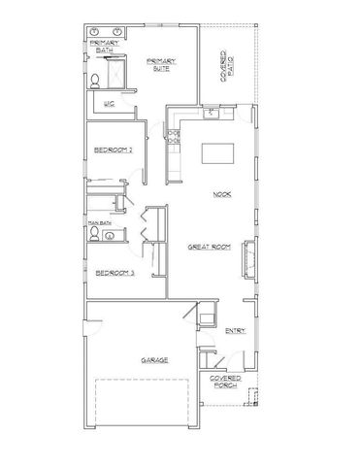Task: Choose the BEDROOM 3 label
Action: (x=114, y=273)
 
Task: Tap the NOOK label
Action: (x=222, y=195)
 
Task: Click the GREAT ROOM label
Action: (x=208, y=249)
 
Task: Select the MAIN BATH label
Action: (x=99, y=222)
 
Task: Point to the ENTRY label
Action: (x=235, y=331)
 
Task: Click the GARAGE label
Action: (x=154, y=359)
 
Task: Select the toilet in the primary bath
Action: (x=98, y=81)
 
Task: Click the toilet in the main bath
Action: (x=95, y=234)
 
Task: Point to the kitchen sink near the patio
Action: (x=208, y=112)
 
